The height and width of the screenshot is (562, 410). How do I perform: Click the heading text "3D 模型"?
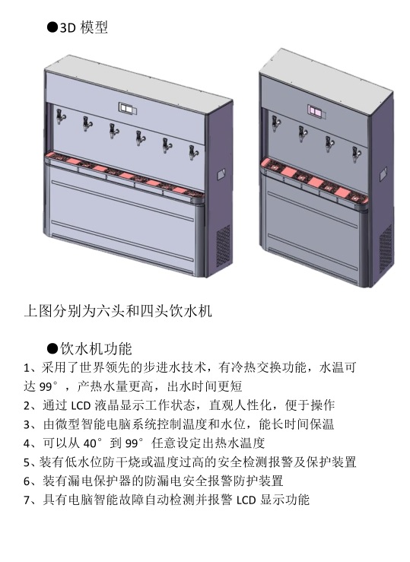point(84,27)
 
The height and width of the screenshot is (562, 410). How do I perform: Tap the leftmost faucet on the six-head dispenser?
point(61,116)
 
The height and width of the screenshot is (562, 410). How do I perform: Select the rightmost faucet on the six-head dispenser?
point(193,153)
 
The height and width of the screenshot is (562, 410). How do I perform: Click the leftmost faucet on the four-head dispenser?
point(275,124)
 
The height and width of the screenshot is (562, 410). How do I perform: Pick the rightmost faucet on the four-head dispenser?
point(356,155)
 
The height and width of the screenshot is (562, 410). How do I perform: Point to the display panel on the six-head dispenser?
point(128,108)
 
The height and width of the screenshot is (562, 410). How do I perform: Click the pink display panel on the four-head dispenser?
point(316,112)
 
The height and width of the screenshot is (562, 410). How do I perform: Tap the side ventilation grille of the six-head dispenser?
point(224,246)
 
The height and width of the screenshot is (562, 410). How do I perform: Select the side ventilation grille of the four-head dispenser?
point(386,248)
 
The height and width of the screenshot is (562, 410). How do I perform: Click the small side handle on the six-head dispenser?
point(221,175)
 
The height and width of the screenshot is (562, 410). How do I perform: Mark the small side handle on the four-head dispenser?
point(383,174)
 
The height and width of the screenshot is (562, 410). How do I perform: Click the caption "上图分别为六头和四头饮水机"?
point(118,311)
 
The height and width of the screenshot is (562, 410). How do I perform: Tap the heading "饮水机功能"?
point(96,348)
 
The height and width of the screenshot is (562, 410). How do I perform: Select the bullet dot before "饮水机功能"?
point(52,348)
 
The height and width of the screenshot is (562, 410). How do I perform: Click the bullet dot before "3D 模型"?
point(52,27)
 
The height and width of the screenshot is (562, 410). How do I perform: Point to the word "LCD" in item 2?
point(81,406)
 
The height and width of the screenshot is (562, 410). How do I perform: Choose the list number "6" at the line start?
point(27,481)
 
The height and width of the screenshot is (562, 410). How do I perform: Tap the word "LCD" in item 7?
point(246,500)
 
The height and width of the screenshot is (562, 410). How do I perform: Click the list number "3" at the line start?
point(27,424)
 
